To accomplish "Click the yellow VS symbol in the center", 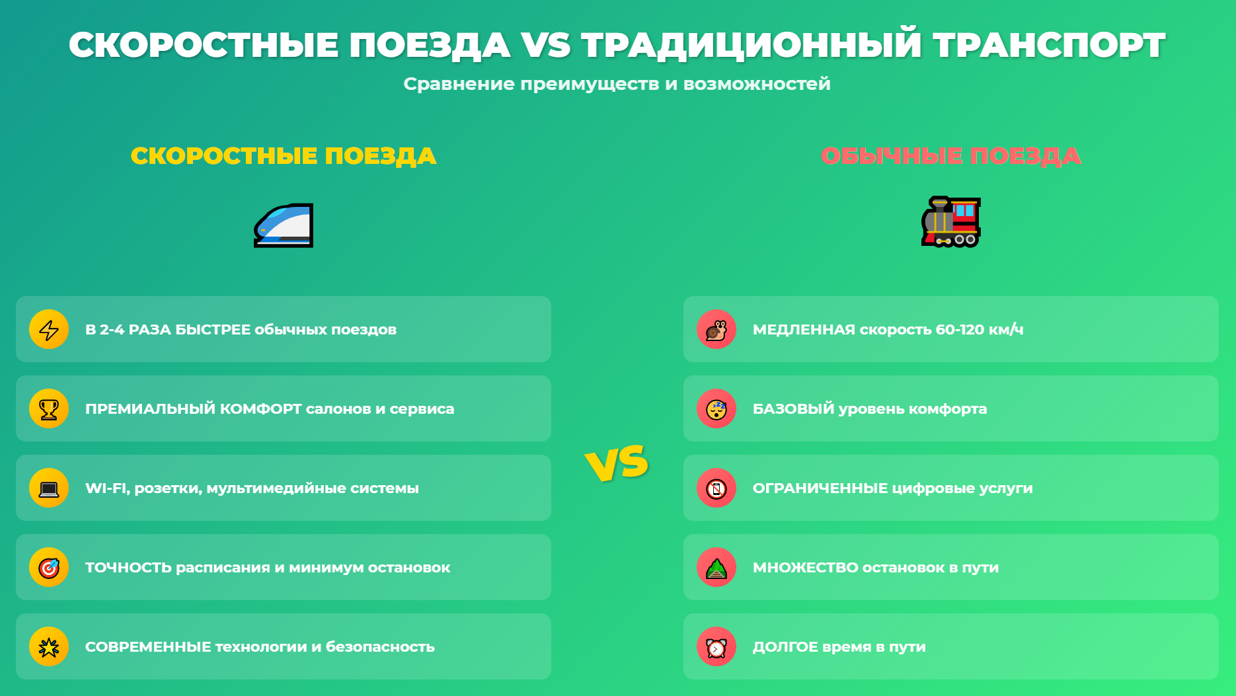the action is click(x=617, y=463).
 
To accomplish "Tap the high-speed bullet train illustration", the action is click(x=284, y=225).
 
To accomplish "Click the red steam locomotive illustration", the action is click(x=951, y=222).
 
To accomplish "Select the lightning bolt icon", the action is click(x=49, y=329).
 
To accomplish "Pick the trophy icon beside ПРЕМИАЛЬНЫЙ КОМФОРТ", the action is click(x=49, y=409).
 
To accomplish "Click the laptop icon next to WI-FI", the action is click(x=49, y=488).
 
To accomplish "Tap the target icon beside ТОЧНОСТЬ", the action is click(x=49, y=567).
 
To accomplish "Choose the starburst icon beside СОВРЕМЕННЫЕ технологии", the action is click(x=49, y=647).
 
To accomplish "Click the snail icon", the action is click(x=716, y=329).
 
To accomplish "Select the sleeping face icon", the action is click(x=716, y=409).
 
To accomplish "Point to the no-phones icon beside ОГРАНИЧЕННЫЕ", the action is click(x=716, y=488).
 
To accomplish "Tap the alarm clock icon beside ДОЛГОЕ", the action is click(x=716, y=647).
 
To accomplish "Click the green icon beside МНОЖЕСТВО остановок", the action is click(x=716, y=568).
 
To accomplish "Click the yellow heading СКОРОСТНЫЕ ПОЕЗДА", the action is click(x=284, y=156).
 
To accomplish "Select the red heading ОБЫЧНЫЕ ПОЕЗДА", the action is click(x=951, y=156).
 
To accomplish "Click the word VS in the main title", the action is click(x=545, y=45).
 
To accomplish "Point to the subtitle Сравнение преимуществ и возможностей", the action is click(x=617, y=84).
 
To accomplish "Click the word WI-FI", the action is click(x=108, y=488).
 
